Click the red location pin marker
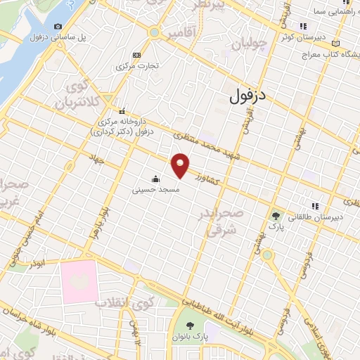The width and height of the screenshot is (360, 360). click(181, 165)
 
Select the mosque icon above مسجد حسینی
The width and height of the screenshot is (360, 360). click(155, 179)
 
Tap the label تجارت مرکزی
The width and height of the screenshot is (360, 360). click(136, 66)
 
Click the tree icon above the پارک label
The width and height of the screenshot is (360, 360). click(278, 217)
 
